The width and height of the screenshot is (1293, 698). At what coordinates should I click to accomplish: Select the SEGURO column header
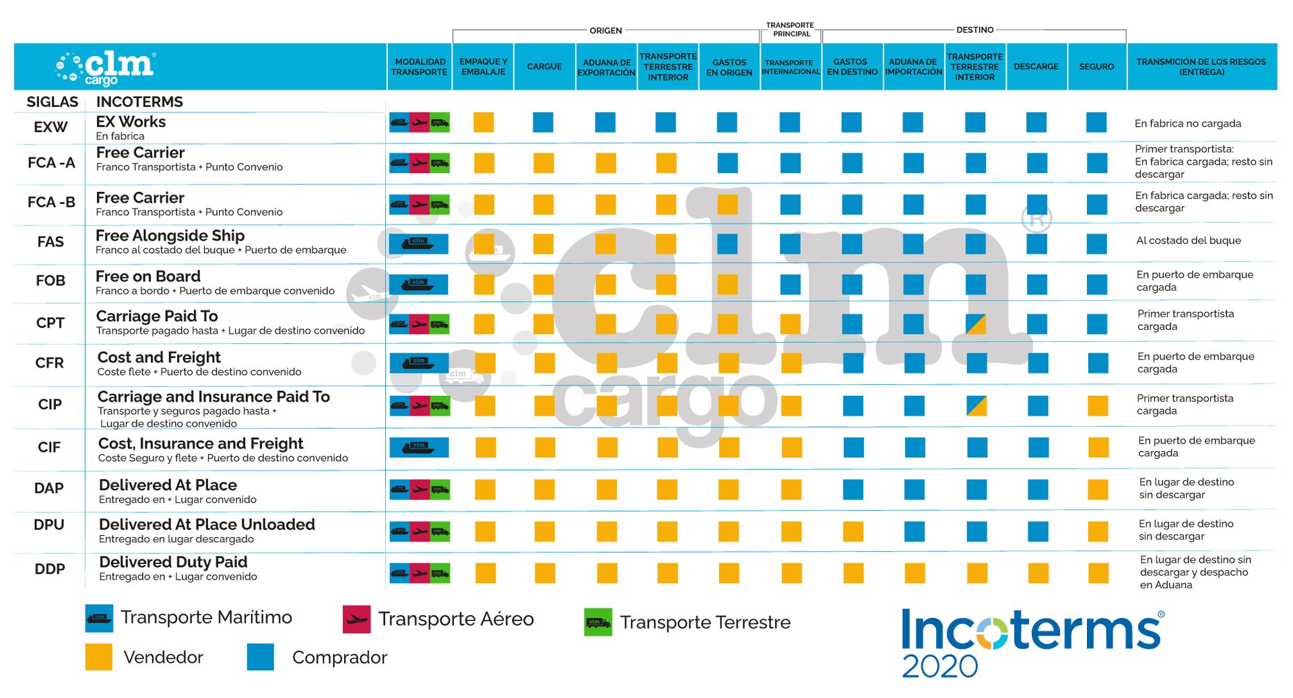(1096, 67)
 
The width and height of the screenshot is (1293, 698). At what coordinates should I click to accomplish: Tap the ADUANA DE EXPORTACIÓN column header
(606, 67)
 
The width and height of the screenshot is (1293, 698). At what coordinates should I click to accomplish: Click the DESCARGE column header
(1036, 67)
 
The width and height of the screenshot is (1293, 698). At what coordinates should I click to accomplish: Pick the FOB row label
(51, 281)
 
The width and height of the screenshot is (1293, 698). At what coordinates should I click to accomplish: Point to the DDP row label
(50, 569)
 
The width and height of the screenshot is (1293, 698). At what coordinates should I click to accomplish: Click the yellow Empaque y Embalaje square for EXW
(484, 123)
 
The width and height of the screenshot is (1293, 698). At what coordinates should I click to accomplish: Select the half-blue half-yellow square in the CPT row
(976, 324)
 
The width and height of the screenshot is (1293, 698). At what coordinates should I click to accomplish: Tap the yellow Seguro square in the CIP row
(1098, 406)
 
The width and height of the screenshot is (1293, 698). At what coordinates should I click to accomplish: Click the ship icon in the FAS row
(418, 243)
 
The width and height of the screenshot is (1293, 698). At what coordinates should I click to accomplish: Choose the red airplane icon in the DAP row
(420, 489)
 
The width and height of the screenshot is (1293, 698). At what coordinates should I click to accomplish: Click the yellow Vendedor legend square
(99, 657)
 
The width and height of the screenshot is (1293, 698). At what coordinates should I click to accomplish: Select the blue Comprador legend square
(261, 657)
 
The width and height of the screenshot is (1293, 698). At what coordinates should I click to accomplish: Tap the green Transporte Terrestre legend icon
(598, 622)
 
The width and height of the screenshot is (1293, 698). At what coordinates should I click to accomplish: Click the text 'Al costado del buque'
(1188, 240)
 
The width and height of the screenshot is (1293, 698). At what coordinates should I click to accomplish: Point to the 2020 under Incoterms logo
(939, 666)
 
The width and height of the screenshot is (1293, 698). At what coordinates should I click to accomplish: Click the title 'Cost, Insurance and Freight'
(201, 444)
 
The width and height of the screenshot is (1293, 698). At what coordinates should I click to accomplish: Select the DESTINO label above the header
(974, 30)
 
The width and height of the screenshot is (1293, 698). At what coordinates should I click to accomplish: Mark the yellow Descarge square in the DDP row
(1038, 573)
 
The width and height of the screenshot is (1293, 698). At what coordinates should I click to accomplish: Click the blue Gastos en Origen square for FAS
(727, 244)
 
